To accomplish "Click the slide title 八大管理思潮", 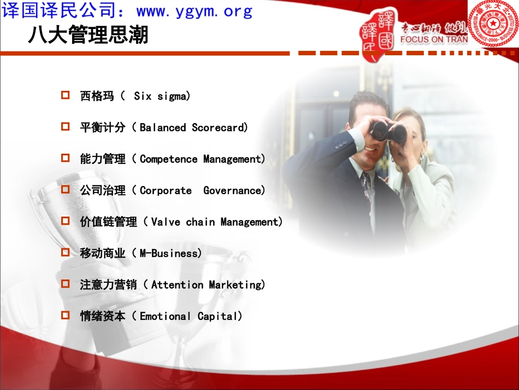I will tap(88, 36).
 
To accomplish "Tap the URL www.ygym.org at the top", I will tap(194, 11).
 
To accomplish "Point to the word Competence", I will tap(169, 159).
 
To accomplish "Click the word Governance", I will tap(233, 190).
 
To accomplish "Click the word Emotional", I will tap(165, 316).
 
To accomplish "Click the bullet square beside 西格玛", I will tap(66, 96).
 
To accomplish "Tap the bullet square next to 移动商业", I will tap(66, 253).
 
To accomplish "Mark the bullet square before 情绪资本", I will tap(66, 316).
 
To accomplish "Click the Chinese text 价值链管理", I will tap(108, 222).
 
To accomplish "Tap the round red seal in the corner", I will tap(493, 23).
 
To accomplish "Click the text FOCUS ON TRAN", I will tap(434, 39).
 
